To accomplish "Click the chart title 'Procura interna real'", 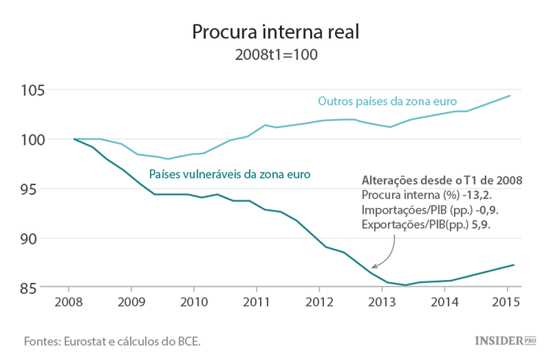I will click(x=275, y=32).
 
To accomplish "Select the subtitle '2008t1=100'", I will click(x=275, y=55).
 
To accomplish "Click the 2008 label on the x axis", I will click(x=68, y=303).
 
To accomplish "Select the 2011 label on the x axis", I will click(x=256, y=303).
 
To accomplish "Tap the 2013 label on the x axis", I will click(x=381, y=303).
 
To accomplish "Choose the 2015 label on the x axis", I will click(x=506, y=303).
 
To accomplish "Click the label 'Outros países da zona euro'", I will click(x=387, y=101).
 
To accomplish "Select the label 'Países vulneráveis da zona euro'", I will click(x=229, y=174).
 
